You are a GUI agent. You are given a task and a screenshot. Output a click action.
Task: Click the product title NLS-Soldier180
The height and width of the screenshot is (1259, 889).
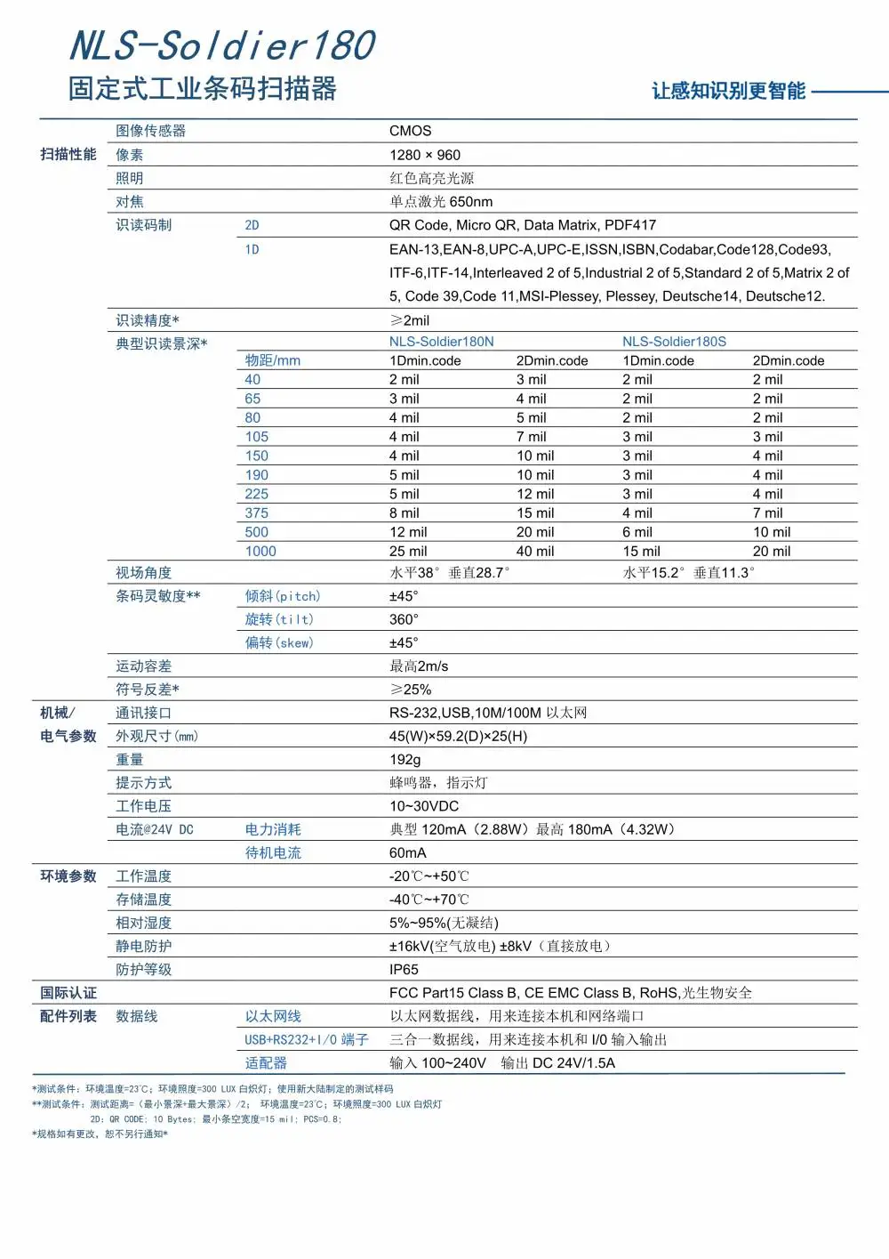[222, 46]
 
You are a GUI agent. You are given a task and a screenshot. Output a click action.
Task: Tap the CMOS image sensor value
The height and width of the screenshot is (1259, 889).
[410, 131]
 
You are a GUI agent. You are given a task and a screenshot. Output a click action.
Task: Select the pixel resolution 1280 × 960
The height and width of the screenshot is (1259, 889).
[425, 155]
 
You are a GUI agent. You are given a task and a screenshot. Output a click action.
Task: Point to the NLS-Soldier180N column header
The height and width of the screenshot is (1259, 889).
[441, 342]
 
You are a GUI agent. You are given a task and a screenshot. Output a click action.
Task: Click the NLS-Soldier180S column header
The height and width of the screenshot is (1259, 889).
[674, 342]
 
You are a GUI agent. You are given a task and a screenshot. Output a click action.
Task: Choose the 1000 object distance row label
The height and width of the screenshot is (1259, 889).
[260, 552]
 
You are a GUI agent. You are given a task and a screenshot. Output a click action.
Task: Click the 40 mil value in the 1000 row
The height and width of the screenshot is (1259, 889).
[535, 552]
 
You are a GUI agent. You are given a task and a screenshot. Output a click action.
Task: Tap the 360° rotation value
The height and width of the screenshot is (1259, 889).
[404, 619]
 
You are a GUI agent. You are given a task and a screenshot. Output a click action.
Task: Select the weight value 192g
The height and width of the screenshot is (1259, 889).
[404, 760]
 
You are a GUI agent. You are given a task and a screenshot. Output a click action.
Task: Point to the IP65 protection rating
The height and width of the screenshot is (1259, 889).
[404, 970]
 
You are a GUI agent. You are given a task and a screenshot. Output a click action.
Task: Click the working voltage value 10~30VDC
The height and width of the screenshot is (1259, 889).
[424, 806]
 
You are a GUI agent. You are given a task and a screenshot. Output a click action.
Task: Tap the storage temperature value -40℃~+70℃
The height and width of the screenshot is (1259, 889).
[428, 900]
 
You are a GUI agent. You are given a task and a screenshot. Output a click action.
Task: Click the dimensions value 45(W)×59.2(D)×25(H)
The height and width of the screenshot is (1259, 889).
[458, 737]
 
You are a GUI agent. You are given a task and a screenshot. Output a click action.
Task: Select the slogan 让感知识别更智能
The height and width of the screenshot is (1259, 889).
[728, 92]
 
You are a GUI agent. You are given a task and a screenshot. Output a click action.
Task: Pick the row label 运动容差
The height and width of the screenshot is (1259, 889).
[143, 666]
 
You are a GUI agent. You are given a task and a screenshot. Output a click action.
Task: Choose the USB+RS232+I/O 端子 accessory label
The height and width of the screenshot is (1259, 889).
[306, 1040]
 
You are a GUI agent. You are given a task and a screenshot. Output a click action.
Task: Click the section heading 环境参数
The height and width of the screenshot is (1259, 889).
[68, 876]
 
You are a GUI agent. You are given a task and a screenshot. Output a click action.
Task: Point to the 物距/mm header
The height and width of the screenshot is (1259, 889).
[272, 360]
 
